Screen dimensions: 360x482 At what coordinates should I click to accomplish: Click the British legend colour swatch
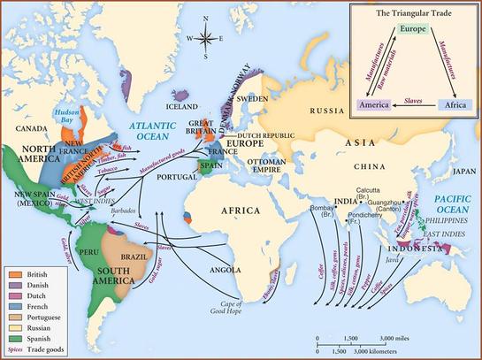12,276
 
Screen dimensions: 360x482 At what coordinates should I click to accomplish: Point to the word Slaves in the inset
415,102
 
